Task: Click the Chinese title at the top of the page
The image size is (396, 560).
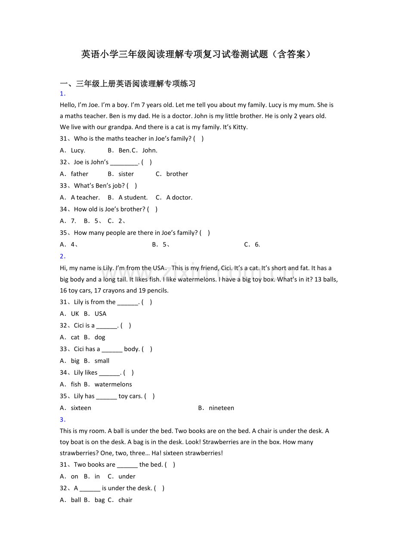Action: pos(196,54)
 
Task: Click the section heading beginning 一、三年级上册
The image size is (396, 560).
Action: pos(128,83)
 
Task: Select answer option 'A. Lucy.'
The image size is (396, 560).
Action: pos(73,150)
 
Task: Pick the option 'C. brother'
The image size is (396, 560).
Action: pos(172,174)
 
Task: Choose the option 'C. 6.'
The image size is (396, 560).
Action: pos(252,244)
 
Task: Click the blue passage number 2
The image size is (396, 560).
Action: pos(62,256)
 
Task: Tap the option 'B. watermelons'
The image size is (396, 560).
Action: pos(108,384)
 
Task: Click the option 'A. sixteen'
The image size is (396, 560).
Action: pos(76,408)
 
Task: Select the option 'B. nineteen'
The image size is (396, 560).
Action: pos(216,408)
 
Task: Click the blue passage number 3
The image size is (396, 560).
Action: pos(62,419)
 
